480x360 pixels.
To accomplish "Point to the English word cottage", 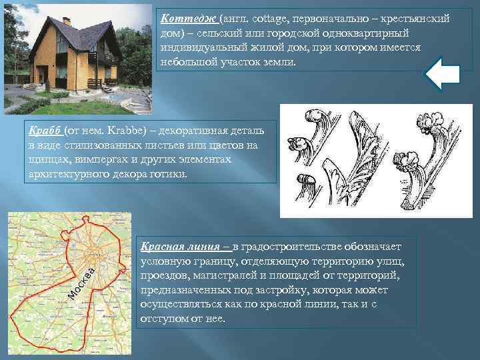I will tap(267, 19).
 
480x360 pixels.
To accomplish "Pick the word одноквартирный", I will tap(364, 33).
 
